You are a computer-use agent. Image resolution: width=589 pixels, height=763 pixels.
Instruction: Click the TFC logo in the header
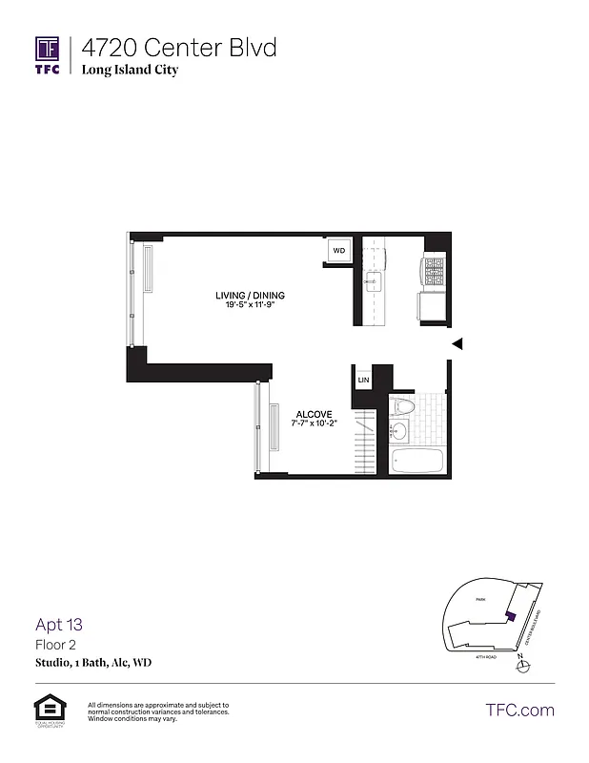48,54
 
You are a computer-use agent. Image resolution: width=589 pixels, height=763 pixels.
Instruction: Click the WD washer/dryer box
339,250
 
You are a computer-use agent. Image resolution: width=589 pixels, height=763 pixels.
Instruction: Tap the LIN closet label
362,380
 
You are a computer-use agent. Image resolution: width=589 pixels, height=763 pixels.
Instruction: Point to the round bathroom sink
398,433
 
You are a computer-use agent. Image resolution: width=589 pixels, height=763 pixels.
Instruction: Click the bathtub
416,463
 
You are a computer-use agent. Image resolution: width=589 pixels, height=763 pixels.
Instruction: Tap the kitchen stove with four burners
434,273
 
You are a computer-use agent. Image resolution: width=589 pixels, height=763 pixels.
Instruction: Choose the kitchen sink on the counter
374,280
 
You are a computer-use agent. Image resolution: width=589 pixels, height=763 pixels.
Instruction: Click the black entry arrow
457,344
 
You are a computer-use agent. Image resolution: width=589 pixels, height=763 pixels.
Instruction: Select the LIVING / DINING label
250,296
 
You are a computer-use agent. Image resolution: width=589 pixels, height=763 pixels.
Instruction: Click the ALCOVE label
314,413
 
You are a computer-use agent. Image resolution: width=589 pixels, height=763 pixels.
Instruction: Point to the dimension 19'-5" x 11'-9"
250,305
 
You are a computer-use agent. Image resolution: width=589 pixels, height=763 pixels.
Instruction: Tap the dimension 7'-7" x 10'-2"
315,423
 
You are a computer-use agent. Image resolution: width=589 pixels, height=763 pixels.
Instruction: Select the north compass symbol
520,666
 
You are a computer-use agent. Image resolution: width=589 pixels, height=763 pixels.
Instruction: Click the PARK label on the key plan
482,600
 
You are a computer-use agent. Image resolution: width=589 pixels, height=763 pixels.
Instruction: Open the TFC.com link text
519,710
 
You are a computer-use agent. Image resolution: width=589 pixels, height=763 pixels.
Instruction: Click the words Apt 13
59,626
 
